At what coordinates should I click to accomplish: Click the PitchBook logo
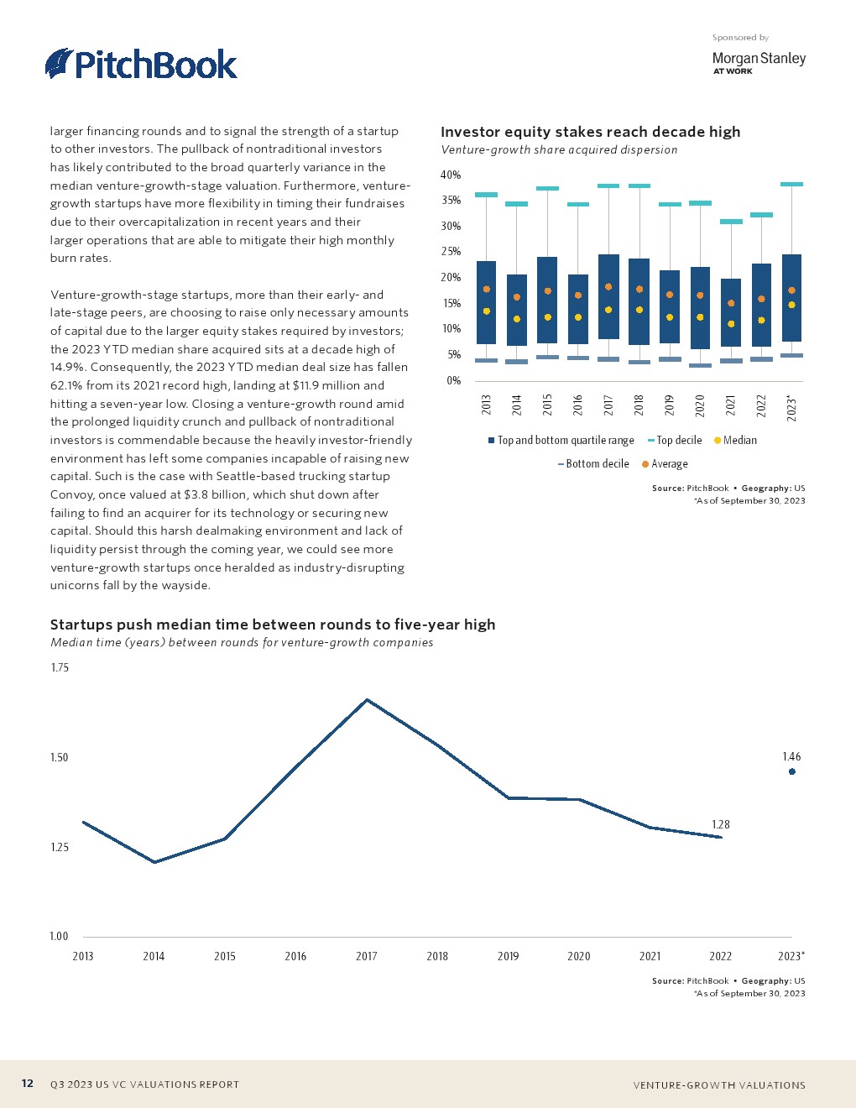coord(141,64)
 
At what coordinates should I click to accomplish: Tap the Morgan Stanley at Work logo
coord(758,62)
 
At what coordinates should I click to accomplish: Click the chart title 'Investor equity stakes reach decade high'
coord(590,132)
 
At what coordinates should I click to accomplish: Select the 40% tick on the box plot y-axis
coord(451,175)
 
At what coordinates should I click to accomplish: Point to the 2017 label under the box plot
coord(608,405)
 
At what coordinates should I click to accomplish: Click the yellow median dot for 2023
coord(791,305)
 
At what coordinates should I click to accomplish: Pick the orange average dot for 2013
coord(486,290)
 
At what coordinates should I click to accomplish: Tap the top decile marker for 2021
coord(731,222)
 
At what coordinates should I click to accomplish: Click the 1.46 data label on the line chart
coord(791,756)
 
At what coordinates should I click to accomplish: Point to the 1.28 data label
coord(720,824)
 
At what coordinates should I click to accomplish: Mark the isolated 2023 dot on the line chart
coord(791,771)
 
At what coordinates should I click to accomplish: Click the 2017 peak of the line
coord(367,699)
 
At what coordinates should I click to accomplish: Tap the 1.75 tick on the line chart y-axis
coord(60,668)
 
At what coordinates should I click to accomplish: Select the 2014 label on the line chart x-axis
coord(154,956)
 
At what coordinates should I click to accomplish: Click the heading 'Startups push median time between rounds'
coord(273,625)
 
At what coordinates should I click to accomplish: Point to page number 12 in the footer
coord(28,1084)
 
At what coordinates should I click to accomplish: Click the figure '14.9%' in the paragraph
coord(70,367)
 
